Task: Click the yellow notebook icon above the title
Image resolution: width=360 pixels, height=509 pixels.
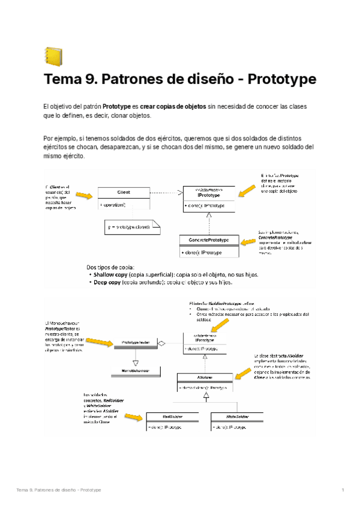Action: coord(53,56)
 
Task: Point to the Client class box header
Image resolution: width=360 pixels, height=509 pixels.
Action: coord(124,192)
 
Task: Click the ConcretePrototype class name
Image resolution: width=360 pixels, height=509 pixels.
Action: coord(208,239)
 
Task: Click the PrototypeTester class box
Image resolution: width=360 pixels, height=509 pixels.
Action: coord(135,342)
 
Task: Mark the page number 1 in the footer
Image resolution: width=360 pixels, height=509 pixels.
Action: coord(343,490)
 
